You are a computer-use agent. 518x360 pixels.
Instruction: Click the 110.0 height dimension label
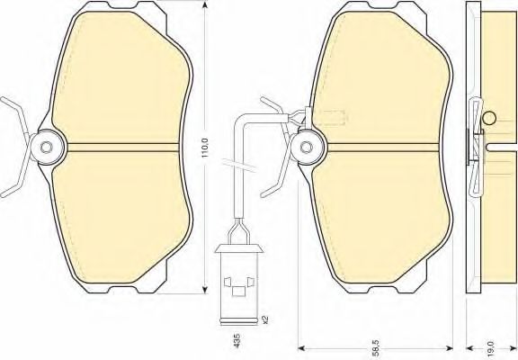[x=204, y=148]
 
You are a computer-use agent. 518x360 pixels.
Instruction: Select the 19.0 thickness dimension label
[x=490, y=348]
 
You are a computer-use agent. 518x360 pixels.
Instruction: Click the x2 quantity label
[x=264, y=319]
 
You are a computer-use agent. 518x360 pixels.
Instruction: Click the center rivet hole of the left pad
[x=46, y=147]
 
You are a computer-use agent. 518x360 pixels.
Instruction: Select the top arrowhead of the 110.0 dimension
[x=205, y=4]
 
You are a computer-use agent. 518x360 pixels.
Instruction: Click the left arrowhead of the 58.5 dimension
[x=302, y=347]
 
